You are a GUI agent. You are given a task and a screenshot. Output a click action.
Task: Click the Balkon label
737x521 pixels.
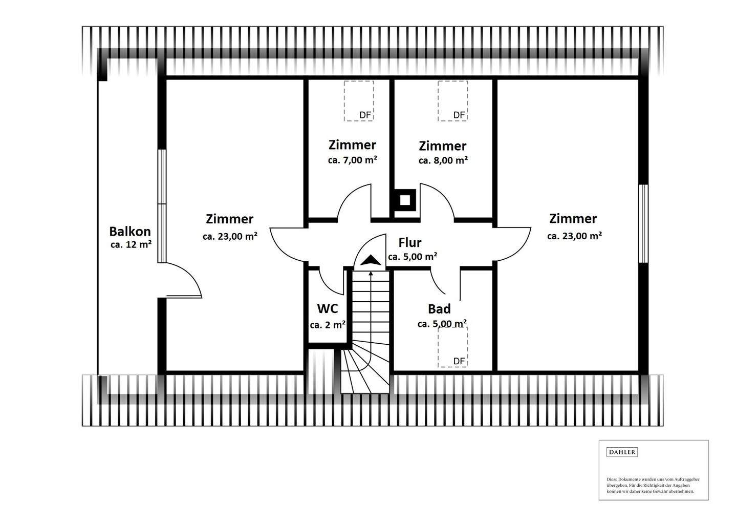coord(130,232)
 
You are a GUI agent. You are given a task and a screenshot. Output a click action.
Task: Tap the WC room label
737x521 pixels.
coord(328,308)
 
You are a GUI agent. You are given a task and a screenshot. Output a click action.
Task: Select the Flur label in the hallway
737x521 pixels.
coord(409,242)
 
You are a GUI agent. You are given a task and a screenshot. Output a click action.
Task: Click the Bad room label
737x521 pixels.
coord(439,309)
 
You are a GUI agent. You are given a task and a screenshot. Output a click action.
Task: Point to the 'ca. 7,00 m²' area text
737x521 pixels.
coord(352,160)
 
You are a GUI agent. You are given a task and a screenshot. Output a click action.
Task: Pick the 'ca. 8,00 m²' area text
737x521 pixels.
coord(443,160)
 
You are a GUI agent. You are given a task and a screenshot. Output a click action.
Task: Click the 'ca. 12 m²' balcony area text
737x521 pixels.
coord(131,245)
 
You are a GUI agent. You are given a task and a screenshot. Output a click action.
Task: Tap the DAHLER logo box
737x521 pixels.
coord(622,452)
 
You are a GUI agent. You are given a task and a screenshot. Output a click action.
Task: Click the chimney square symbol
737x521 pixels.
coord(405,200)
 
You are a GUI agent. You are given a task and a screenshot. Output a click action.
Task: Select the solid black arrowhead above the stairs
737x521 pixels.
coord(371,260)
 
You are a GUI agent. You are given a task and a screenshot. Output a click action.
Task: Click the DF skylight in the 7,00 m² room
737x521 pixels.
coord(359,101)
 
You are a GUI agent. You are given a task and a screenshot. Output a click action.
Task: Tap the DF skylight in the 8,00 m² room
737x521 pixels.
coord(453,101)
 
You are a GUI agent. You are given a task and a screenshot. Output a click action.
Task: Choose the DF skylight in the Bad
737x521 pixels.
coord(453,347)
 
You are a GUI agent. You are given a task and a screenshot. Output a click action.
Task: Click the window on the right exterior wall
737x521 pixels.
coord(643,223)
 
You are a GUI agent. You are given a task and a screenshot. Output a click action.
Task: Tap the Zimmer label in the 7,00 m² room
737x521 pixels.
coord(352,145)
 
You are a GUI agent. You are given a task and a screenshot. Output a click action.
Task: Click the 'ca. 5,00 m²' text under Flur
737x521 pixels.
coord(413,257)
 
